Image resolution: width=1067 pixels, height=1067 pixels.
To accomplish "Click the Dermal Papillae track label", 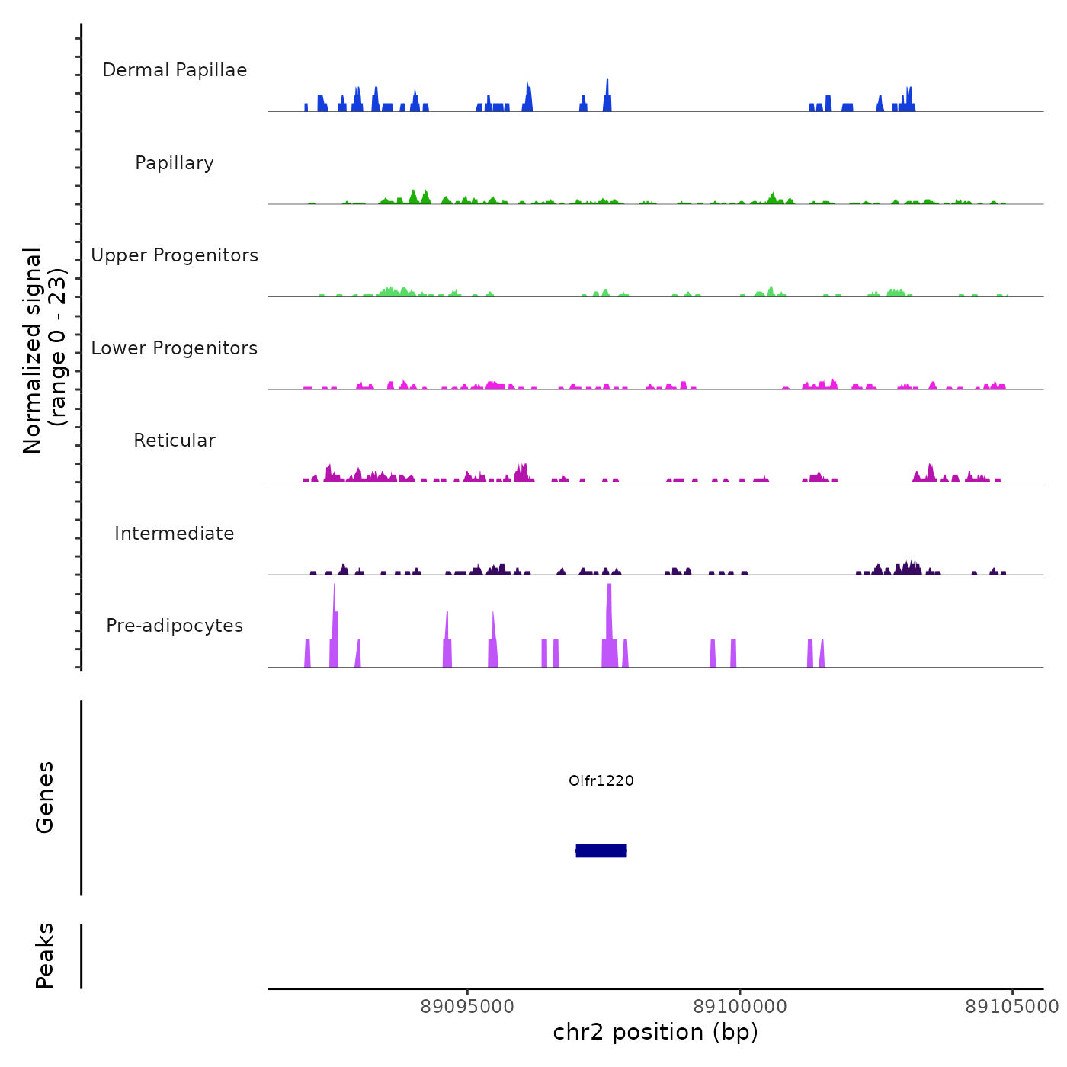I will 175,70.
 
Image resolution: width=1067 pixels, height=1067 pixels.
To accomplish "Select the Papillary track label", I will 175,163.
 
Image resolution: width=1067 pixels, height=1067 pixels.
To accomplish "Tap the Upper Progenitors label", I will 175,255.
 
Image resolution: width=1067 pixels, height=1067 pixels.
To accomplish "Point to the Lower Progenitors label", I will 175,348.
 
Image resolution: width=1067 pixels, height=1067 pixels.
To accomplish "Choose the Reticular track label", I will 175,441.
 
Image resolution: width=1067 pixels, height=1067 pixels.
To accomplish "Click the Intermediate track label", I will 175,533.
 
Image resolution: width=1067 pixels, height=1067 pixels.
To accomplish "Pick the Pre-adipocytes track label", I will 175,626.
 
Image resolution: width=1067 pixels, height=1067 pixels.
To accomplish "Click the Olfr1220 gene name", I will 601,780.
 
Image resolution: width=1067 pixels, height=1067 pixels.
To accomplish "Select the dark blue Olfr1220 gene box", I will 601,851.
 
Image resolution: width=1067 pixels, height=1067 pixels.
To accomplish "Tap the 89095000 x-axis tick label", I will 467,1007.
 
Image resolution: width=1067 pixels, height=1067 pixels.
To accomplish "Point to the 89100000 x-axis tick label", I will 740,1007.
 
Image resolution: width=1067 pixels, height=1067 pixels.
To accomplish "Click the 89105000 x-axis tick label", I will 1012,1007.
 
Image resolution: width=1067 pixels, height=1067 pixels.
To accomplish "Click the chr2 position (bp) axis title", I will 655,1032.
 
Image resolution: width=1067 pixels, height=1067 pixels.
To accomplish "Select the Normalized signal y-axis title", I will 44,350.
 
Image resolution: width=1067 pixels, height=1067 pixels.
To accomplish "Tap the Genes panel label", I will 45,797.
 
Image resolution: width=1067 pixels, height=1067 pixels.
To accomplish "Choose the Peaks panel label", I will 45,956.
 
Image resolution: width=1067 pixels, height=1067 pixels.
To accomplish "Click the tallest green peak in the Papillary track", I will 413,196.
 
